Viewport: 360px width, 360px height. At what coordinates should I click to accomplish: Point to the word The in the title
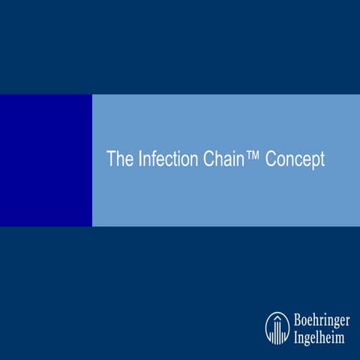click(118, 160)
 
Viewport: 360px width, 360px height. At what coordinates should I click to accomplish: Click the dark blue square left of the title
click(46, 160)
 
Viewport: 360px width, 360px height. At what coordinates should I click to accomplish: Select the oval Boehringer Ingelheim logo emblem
click(277, 327)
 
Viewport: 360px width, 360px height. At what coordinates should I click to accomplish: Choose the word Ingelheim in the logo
click(319, 334)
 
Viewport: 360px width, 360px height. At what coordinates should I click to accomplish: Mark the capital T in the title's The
click(111, 160)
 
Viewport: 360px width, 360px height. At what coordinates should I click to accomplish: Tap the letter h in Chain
click(219, 160)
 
